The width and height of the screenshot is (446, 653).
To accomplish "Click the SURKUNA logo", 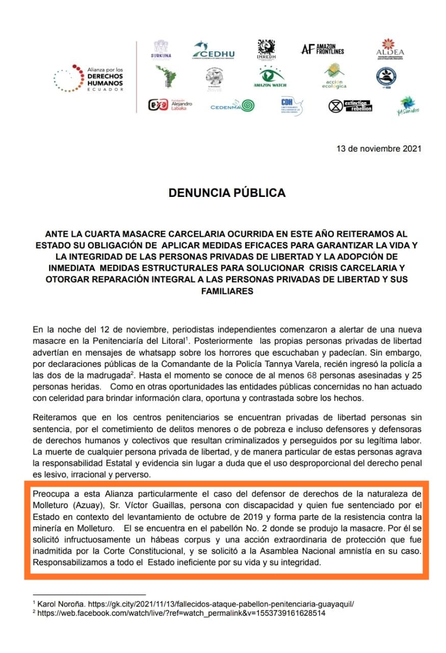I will click(161, 49).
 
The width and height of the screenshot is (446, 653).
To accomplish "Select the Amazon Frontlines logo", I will click(322, 49).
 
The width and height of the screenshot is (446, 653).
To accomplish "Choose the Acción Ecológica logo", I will click(334, 77).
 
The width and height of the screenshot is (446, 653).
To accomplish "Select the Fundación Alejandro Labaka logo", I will click(170, 105).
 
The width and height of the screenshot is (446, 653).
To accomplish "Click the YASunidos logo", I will click(407, 106).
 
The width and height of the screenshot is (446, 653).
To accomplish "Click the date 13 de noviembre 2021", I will click(379, 149).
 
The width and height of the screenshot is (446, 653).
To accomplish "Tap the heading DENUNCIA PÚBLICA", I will click(227, 193).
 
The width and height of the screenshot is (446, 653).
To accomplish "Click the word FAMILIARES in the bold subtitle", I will click(227, 291).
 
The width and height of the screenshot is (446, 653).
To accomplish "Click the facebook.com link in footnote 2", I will click(181, 613).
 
